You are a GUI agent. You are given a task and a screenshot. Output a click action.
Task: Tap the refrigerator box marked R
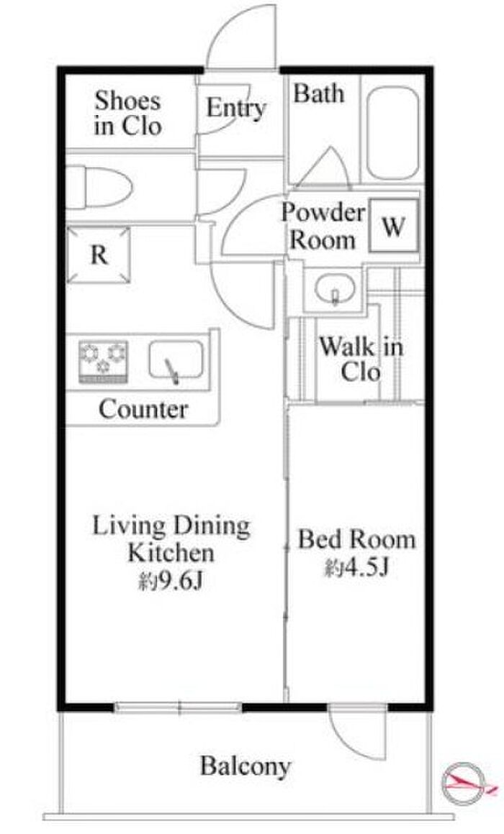[99, 255]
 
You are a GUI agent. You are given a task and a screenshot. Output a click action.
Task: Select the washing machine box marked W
[394, 226]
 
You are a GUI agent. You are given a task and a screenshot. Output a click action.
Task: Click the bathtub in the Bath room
[392, 134]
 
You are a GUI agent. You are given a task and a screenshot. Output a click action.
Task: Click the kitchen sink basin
[176, 361]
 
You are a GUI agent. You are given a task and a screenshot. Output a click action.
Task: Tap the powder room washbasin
[335, 290]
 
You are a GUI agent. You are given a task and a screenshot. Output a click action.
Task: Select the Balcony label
[246, 766]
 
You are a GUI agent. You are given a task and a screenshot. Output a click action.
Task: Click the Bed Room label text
[356, 539]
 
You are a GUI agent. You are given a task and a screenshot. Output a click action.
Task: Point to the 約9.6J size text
[171, 582]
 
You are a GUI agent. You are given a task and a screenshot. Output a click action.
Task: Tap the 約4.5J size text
[356, 568]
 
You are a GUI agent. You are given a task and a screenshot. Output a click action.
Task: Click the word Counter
[143, 409]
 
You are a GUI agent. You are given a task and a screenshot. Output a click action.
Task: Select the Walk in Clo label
[361, 359]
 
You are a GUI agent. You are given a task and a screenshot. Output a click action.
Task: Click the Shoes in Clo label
[128, 113]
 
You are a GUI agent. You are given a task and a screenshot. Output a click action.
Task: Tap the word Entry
[236, 109]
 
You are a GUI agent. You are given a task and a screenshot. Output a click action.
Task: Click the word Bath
[318, 93]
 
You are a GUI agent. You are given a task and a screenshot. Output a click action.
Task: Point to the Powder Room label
[323, 226]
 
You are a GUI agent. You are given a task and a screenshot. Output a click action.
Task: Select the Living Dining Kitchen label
[171, 539]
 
